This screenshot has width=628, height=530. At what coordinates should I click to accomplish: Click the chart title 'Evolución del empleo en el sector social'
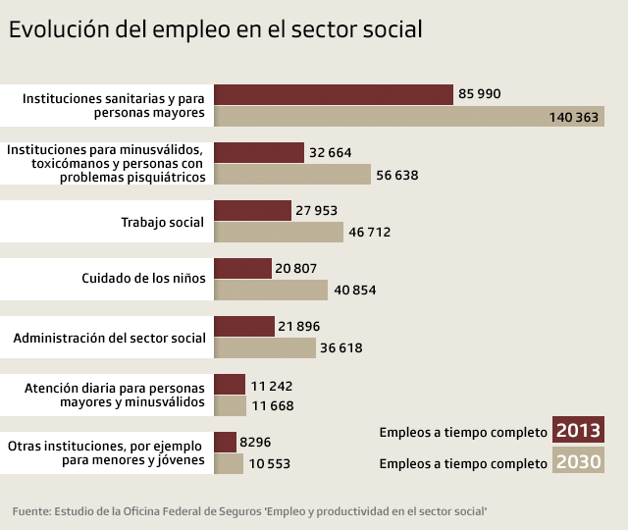tap(216, 29)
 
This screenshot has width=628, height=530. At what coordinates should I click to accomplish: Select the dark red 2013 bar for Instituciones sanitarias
tap(333, 94)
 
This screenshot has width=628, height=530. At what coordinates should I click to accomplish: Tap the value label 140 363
tap(574, 117)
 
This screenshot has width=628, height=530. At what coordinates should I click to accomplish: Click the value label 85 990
tap(479, 94)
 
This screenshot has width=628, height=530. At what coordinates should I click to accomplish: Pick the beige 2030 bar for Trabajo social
tap(278, 233)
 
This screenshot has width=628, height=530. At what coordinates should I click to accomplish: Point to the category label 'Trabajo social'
tap(163, 222)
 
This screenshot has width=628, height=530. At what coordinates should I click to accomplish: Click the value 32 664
tap(330, 152)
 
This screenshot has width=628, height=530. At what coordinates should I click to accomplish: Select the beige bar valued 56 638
tap(292, 175)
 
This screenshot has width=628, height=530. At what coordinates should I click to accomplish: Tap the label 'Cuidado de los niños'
tap(144, 278)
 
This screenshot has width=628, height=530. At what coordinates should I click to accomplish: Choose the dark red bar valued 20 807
tap(242, 268)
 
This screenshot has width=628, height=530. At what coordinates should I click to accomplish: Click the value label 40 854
tap(354, 291)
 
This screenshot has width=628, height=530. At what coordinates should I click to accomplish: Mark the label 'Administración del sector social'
tap(110, 338)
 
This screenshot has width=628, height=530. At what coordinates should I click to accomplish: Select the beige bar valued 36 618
tap(265, 348)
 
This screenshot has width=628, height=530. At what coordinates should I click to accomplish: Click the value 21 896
tap(299, 326)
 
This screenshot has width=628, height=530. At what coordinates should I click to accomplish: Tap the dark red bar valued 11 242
tap(230, 384)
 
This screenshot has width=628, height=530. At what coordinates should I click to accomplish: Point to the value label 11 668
tap(272, 406)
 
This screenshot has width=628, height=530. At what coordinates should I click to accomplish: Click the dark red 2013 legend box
tap(578, 431)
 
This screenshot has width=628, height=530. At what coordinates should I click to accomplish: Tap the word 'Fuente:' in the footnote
tap(30, 511)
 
